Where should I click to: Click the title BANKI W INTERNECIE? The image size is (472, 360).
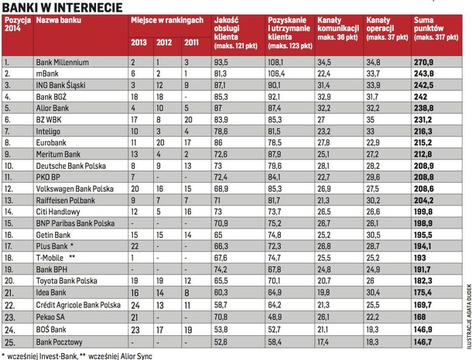[x=63, y=7]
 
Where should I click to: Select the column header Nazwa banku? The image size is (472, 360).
[x=58, y=20]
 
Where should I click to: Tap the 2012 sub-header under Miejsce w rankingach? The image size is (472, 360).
[x=164, y=42]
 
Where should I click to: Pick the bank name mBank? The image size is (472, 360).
[x=47, y=74]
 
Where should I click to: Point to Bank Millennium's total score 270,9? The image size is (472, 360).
[x=423, y=63]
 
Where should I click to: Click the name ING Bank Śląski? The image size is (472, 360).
[x=60, y=85]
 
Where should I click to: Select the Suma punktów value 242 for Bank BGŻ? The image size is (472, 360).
[x=420, y=97]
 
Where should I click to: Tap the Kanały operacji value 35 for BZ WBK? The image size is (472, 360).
[x=371, y=119]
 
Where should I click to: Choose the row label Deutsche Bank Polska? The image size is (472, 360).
[x=70, y=166]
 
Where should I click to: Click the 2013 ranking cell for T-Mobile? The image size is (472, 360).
[x=132, y=258]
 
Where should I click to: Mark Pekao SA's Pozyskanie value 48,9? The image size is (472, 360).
[x=275, y=317]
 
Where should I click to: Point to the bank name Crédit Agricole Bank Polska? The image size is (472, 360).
[x=78, y=305]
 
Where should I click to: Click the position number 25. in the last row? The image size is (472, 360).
[x=9, y=342]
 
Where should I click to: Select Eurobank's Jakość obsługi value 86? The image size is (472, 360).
[x=218, y=142]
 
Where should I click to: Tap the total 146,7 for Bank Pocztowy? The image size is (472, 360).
[x=422, y=342]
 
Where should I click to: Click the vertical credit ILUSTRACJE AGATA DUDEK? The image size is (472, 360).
[x=469, y=316]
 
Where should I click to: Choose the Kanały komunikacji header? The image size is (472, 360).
[x=338, y=29]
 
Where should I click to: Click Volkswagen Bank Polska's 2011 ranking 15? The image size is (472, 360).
[x=188, y=189]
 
